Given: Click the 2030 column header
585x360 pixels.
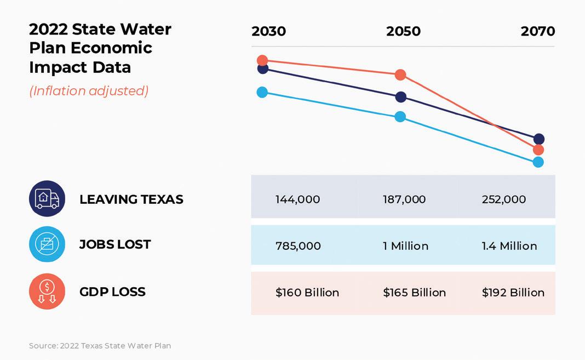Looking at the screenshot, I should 268,31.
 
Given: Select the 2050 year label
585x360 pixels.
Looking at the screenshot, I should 403,31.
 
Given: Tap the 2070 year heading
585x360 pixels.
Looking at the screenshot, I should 537,31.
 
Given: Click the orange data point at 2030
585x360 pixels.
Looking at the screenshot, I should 262,60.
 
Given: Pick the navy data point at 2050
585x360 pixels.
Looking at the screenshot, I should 401,97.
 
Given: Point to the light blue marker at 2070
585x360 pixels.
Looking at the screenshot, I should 538,162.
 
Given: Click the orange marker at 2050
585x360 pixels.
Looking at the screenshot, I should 400,75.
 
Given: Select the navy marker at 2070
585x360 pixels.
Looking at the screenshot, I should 539,139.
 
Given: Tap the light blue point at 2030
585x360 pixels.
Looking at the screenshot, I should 262,92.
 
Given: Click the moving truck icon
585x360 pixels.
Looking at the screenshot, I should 47,198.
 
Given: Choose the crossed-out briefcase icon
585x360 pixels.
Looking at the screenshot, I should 47,244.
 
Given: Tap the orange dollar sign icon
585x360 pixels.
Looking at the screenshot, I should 47,291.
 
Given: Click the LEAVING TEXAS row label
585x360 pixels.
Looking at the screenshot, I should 131,199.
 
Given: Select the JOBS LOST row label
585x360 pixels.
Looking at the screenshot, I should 115,244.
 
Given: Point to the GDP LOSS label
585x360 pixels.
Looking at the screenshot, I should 112,292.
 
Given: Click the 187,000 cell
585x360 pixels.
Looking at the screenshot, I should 404,199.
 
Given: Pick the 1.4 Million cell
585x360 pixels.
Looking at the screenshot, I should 509,246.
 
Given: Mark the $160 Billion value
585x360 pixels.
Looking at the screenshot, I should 307,293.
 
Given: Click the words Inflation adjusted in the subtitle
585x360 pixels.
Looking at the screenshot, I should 89,91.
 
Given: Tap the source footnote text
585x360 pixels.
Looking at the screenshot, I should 100,346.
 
